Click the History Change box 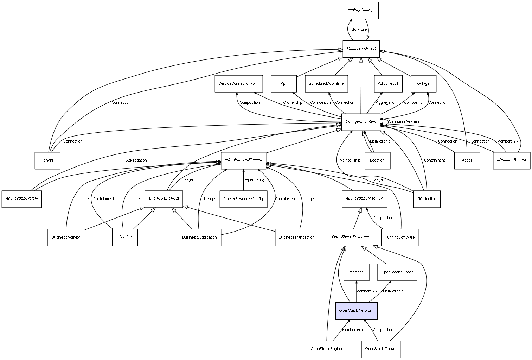[361, 10]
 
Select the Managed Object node [361, 49]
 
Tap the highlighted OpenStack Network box [356, 311]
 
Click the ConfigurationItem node [361, 122]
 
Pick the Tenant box [47, 160]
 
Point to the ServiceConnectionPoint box [238, 84]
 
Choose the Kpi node [283, 84]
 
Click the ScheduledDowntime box [326, 84]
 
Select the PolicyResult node [388, 84]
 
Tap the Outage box [423, 84]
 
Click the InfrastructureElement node [243, 160]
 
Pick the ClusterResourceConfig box [243, 199]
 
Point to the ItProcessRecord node [512, 160]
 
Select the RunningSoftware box [399, 238]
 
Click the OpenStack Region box [326, 349]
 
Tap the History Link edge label [358, 30]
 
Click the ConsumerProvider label [404, 122]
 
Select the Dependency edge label [254, 180]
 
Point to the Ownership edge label [293, 103]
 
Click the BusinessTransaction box [296, 238]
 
